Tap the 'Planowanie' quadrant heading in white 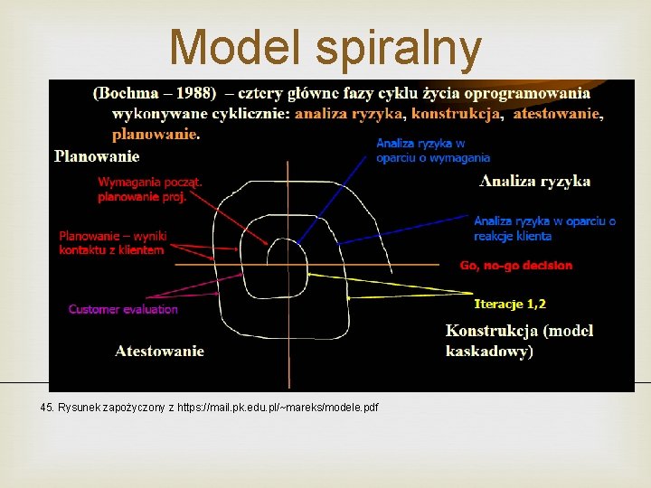click(x=97, y=156)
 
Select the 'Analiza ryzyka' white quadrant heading click(x=535, y=182)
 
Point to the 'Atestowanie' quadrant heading click(x=159, y=351)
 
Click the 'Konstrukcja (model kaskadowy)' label click(x=519, y=341)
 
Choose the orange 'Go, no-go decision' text click(x=515, y=266)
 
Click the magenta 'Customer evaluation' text click(x=123, y=309)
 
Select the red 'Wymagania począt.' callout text click(x=150, y=182)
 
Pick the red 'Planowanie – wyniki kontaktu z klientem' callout click(x=113, y=242)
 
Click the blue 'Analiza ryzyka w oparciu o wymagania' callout click(x=432, y=150)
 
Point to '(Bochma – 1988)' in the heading click(x=155, y=93)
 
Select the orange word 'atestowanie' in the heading click(x=557, y=114)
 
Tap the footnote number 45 click(x=47, y=408)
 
